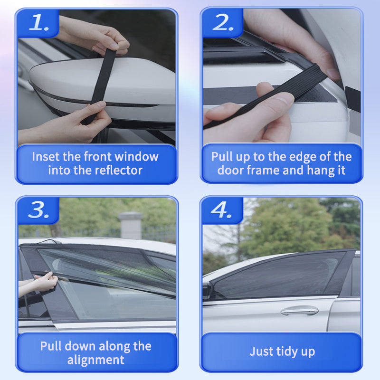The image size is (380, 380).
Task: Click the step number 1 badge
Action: pyautogui.click(x=38, y=23)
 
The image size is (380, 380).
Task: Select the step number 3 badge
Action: pyautogui.click(x=38, y=209)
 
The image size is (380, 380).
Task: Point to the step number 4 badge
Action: pyautogui.click(x=222, y=209)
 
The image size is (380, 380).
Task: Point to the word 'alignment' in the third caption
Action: pyautogui.click(x=95, y=360)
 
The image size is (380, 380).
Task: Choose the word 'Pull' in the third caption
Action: pyautogui.click(x=51, y=346)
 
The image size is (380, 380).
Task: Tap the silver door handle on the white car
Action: pyautogui.click(x=299, y=311)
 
